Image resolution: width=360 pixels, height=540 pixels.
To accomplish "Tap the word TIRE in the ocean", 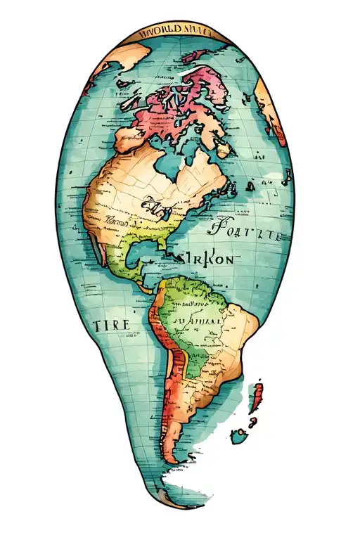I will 111,325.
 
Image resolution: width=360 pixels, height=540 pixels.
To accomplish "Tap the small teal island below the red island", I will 240,437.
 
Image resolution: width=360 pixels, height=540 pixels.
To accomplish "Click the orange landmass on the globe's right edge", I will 270,105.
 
